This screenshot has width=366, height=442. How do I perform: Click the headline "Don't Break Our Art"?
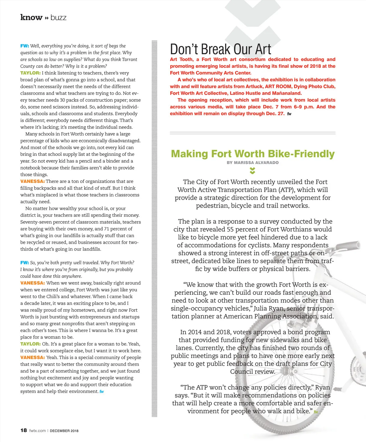[220, 49]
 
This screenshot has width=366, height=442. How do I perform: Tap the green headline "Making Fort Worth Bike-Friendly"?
[253, 154]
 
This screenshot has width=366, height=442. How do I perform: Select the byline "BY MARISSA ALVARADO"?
[253, 163]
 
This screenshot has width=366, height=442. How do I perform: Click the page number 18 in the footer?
[23, 430]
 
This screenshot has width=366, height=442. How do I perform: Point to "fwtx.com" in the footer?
[38, 431]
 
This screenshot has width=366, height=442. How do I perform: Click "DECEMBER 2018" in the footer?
[64, 431]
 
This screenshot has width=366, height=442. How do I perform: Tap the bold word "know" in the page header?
[31, 17]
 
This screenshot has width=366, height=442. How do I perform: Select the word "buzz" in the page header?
[59, 18]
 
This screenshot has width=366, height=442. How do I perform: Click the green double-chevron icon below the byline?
[252, 170]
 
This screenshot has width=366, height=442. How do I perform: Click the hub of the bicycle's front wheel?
[287, 371]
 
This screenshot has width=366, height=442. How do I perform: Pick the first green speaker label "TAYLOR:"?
[30, 73]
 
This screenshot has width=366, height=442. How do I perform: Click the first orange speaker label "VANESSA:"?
[32, 181]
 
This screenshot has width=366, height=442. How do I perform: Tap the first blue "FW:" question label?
[24, 46]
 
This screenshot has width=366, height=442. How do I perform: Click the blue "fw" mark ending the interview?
[102, 392]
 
